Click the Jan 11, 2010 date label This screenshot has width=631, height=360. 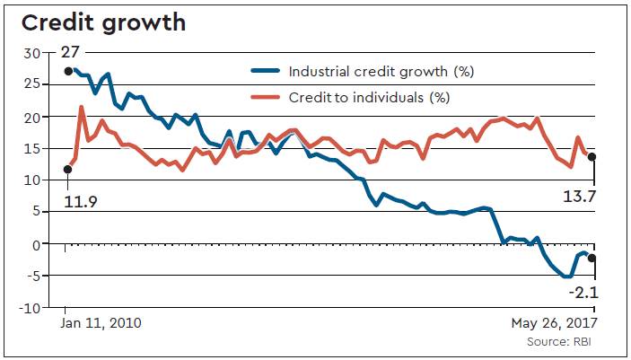click(102, 321)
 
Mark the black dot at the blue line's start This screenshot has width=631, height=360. click(68, 71)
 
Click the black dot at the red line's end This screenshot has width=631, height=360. click(592, 157)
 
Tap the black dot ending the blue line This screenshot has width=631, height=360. click(592, 259)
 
